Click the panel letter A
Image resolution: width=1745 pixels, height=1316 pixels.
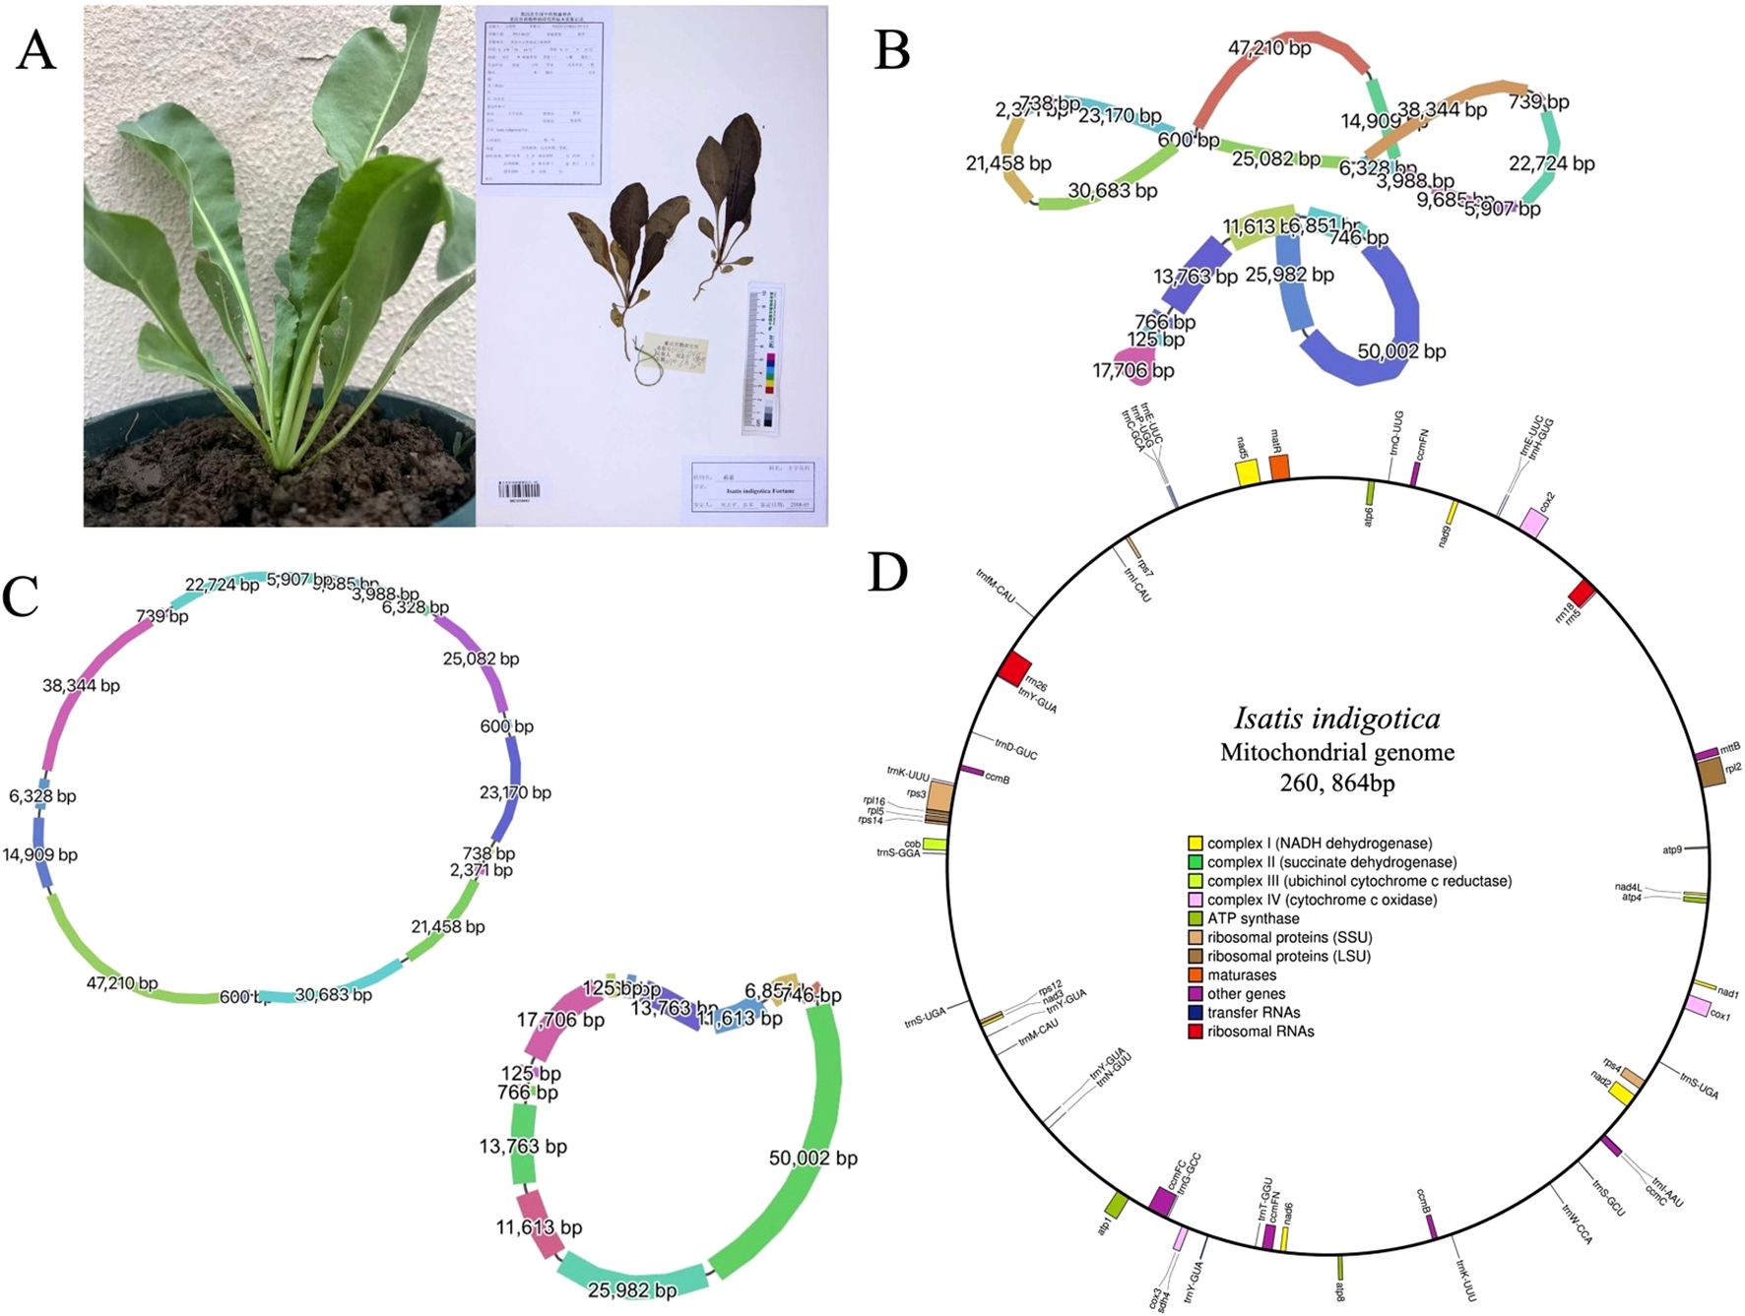point(35,49)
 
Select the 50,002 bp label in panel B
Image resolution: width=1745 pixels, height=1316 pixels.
point(1400,351)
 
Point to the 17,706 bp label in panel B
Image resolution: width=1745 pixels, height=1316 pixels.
point(1132,371)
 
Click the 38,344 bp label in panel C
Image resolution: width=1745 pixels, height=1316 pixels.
point(81,685)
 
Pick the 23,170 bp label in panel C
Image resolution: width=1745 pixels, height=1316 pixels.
point(514,792)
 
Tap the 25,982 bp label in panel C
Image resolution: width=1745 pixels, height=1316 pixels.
point(631,1289)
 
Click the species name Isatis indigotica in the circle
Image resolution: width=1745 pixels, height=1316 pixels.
point(1336,719)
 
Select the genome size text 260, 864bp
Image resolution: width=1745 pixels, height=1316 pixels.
point(1336,783)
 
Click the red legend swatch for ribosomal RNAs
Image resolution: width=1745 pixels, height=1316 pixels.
point(1195,1032)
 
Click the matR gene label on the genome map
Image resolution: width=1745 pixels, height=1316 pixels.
point(1275,439)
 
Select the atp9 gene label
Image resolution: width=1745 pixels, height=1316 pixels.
point(1671,849)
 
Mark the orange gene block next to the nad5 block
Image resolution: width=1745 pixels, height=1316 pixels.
point(1279,468)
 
